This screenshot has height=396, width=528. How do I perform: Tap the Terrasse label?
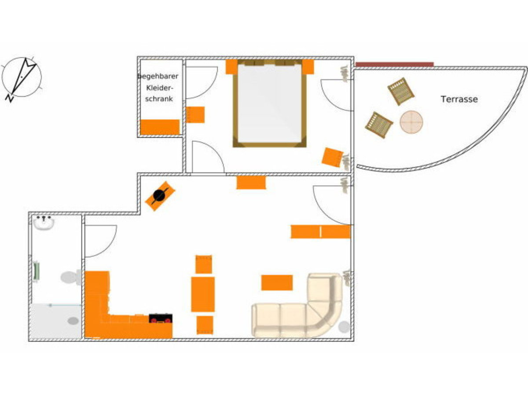[x=459, y=99]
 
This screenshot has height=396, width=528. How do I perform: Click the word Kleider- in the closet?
[x=160, y=88]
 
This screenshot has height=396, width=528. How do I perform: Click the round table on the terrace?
[x=411, y=122]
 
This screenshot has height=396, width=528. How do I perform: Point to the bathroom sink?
[x=44, y=222]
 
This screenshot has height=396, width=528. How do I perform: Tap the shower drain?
[x=73, y=320]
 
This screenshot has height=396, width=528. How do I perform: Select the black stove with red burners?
[x=161, y=318]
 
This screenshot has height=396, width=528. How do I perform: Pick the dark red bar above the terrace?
[x=395, y=64]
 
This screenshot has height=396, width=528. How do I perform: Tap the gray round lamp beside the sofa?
[x=344, y=327]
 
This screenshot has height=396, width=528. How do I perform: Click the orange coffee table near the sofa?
[x=277, y=282]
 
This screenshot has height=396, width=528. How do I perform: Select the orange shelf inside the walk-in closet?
[x=160, y=127]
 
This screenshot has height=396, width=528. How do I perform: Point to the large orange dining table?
[x=203, y=294]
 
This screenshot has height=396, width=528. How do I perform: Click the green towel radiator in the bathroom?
[x=37, y=271]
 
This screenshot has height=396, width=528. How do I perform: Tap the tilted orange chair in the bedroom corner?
[x=333, y=157]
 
